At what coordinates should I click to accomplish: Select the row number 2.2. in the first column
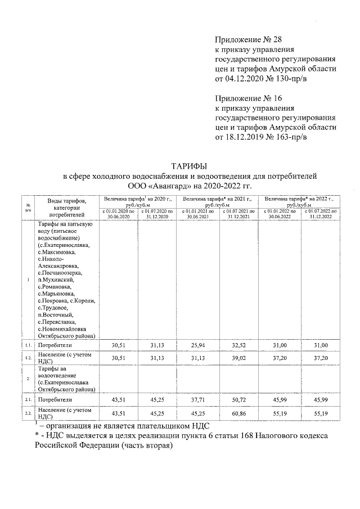[x=28, y=413]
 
